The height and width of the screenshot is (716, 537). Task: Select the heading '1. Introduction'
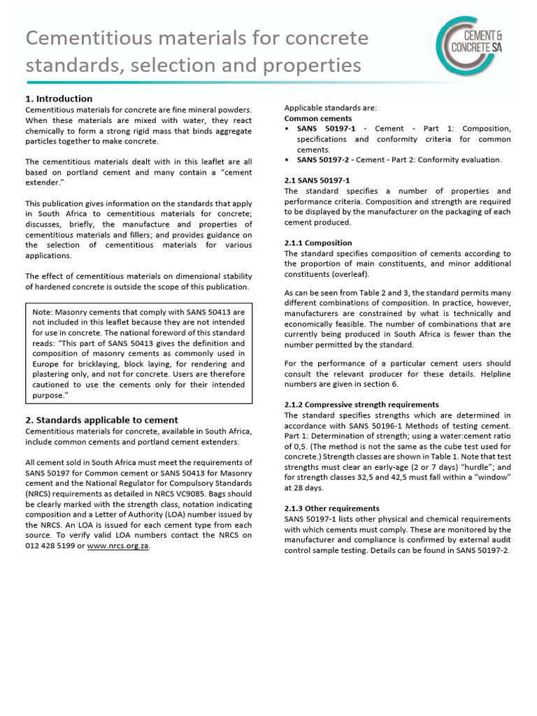59,99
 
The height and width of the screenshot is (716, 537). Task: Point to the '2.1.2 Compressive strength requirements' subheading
361,404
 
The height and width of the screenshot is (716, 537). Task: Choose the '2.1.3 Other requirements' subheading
331,508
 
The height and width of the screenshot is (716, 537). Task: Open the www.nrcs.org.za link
118,546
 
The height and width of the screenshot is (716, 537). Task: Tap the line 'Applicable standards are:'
330,108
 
